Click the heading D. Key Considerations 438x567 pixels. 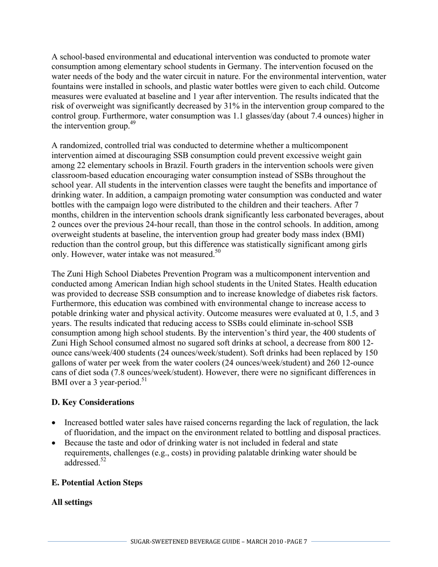click(x=93, y=402)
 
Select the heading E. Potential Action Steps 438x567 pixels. click(x=97, y=483)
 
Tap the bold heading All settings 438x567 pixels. click(x=71, y=502)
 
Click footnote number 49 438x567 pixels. click(x=132, y=123)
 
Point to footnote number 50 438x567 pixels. click(x=218, y=251)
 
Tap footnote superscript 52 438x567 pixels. click(x=103, y=460)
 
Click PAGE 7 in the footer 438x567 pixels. click(x=296, y=542)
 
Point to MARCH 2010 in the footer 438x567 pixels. click(x=264, y=542)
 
